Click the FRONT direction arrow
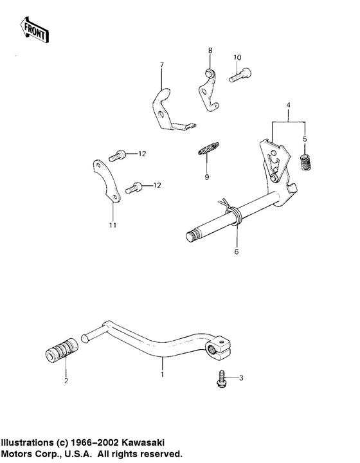(x=34, y=29)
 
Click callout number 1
(x=162, y=374)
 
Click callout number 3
(x=242, y=377)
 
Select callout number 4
(x=289, y=104)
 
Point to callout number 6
(x=236, y=252)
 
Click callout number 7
(x=162, y=65)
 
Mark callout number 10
(x=237, y=58)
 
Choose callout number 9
(x=207, y=177)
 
